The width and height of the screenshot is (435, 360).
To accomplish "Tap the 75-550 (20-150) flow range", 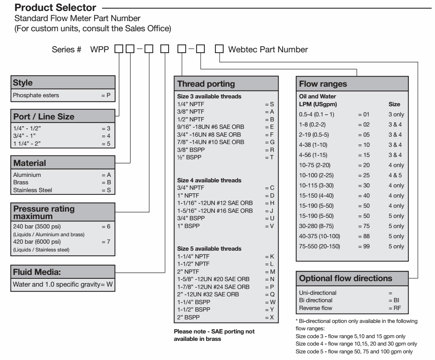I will pyautogui.click(x=318, y=247).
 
